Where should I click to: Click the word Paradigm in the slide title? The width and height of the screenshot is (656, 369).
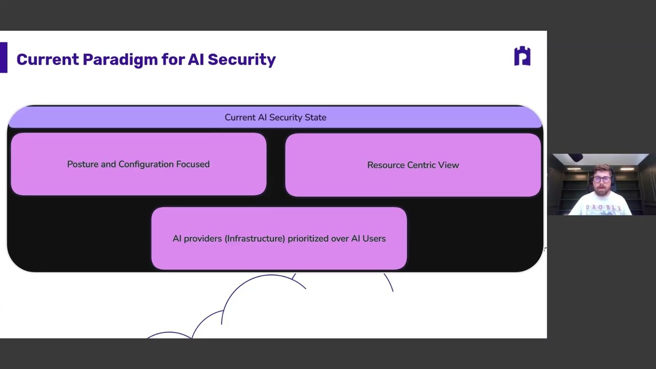pyautogui.click(x=120, y=60)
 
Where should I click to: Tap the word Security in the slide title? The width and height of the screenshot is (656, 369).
pyautogui.click(x=241, y=59)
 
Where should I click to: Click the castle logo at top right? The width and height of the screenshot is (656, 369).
pyautogui.click(x=522, y=56)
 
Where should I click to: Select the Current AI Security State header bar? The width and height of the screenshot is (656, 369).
pyautogui.click(x=275, y=117)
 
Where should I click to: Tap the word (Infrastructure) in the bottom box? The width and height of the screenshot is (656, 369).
pyautogui.click(x=255, y=239)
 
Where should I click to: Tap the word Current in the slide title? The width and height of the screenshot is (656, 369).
pyautogui.click(x=48, y=59)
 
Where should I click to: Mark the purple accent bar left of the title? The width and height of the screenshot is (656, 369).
pyautogui.click(x=4, y=57)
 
